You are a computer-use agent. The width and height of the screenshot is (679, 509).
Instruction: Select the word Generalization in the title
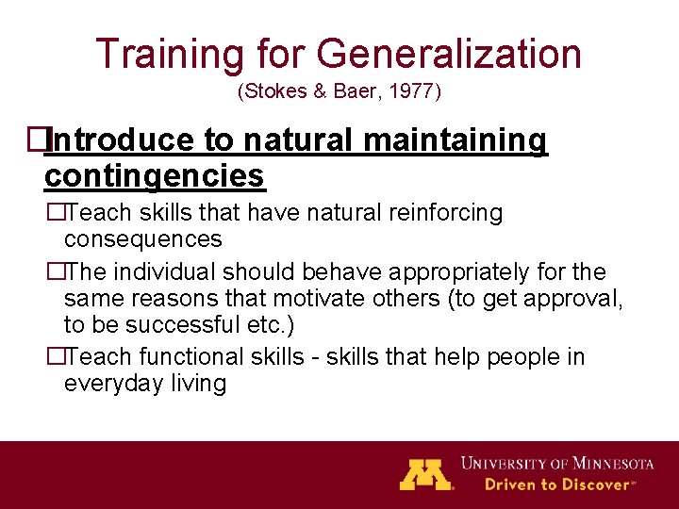pos(449,55)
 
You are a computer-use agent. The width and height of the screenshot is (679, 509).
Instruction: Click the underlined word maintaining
pos(455,140)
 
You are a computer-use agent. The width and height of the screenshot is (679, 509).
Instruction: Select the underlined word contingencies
pos(155,175)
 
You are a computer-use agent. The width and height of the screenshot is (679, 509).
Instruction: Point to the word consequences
pos(142,238)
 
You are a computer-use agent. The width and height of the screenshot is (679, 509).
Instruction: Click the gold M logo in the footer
pos(426,473)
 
